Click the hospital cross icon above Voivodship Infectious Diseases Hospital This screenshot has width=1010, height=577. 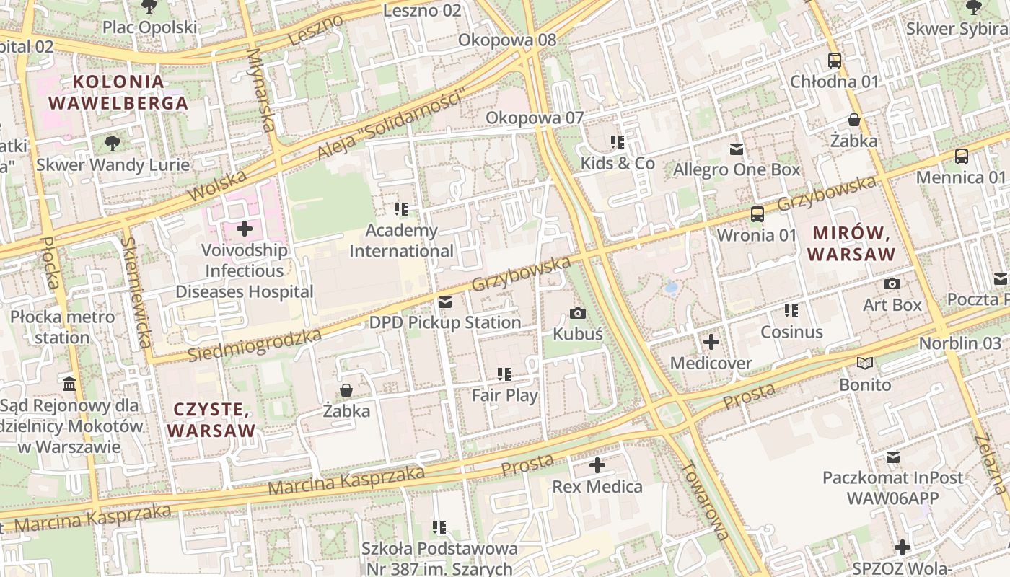(245, 229)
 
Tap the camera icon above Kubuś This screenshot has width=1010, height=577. (577, 313)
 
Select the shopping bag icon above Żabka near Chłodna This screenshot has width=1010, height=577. (854, 120)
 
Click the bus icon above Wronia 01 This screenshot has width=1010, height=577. (757, 214)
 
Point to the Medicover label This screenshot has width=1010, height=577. (711, 363)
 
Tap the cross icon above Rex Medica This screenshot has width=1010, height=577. (597, 465)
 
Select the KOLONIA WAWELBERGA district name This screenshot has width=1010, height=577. (118, 92)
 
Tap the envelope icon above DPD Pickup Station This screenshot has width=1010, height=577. (445, 302)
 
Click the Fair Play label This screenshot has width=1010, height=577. (504, 395)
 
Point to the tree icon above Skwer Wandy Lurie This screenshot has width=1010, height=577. (113, 144)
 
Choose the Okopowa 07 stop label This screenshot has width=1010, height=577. (534, 118)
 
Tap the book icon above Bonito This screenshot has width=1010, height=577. (864, 364)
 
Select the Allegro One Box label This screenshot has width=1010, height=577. (737, 170)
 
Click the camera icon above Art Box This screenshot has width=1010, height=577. (892, 284)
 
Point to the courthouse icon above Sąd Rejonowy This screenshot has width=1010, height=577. (70, 383)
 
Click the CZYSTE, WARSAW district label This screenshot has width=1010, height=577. (211, 420)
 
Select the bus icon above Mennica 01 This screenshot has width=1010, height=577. (961, 157)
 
